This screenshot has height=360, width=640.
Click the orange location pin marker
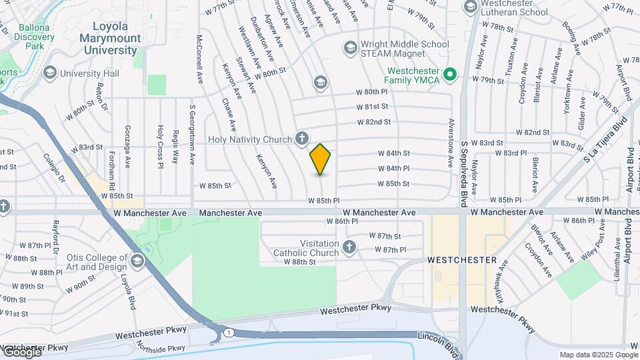321,159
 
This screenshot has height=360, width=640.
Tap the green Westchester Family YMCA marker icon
450,74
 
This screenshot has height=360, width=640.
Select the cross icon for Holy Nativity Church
302,139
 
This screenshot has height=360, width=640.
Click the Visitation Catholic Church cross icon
349,248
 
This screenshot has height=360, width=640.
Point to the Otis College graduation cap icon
138,259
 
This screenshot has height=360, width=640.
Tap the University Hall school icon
49,72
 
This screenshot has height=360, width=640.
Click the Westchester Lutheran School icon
470,7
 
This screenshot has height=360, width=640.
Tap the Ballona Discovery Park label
34,37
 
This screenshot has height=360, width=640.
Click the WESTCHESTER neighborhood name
462,259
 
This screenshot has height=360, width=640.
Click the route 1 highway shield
229,332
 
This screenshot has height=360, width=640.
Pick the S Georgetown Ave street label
192,143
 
